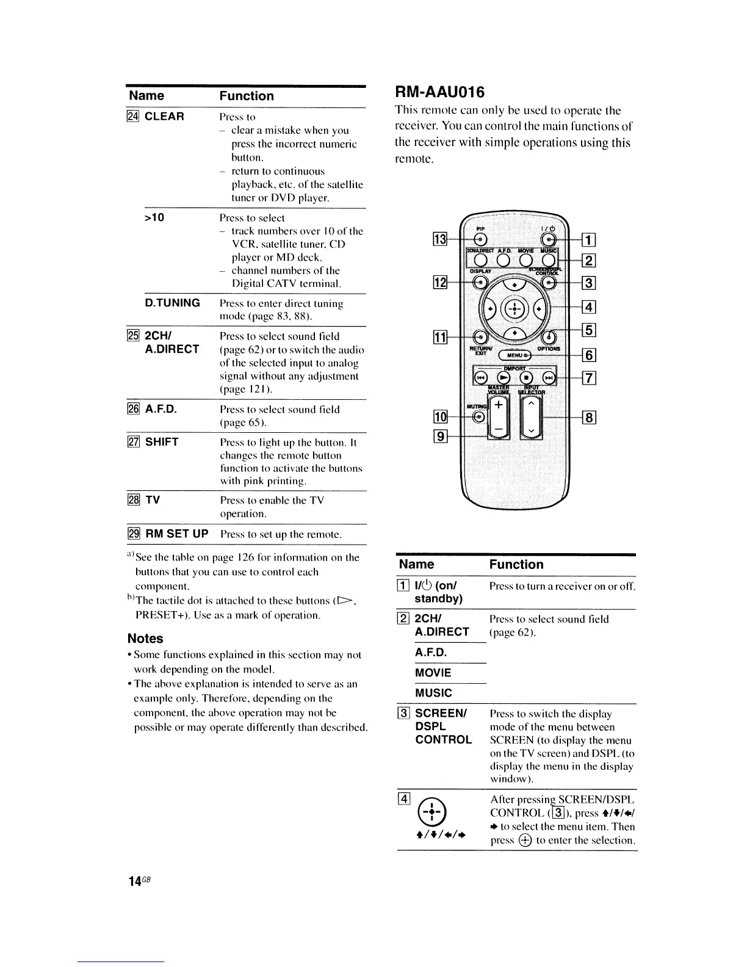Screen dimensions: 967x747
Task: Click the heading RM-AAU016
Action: [x=440, y=92]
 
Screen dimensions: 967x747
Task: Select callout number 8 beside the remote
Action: [x=590, y=418]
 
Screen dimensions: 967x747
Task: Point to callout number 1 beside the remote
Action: [x=590, y=239]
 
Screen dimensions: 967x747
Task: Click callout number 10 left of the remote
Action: [x=440, y=418]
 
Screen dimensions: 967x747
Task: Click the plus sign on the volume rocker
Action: [x=499, y=405]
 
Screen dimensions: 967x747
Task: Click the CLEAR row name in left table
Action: [x=164, y=117]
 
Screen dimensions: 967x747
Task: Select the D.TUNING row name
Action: [x=172, y=303]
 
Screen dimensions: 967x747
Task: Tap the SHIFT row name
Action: [x=162, y=442]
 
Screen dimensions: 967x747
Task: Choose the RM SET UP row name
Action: [x=176, y=534]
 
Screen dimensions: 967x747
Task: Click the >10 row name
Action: [x=154, y=218]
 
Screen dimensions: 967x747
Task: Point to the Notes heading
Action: [x=145, y=639]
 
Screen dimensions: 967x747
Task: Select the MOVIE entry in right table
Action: [x=433, y=673]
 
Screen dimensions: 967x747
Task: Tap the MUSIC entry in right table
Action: [x=433, y=693]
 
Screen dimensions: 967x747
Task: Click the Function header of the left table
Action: [x=247, y=96]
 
